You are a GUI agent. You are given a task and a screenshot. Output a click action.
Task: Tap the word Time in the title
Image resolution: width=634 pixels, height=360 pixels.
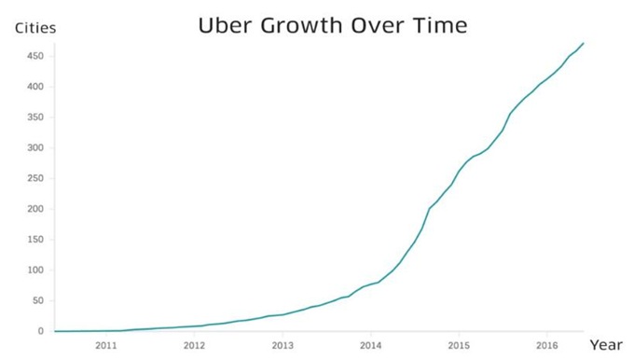439,26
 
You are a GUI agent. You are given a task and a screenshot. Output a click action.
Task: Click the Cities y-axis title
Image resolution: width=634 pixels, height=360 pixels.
35,28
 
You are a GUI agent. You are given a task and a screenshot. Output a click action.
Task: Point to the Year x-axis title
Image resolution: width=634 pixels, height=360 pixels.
605,344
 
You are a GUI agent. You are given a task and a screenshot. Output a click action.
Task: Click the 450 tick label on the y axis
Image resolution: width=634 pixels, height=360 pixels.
34,56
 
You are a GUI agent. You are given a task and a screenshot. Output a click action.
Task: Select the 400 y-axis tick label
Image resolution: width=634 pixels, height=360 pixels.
34,87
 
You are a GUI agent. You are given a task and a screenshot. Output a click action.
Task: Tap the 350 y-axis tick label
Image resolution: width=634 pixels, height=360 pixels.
34,118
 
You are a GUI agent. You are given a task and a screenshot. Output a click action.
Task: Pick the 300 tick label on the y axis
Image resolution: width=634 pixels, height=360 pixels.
34,147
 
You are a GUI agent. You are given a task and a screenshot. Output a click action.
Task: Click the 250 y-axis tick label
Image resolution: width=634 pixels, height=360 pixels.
34,178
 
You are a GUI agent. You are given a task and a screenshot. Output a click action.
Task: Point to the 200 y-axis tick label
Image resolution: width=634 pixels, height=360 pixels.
34,209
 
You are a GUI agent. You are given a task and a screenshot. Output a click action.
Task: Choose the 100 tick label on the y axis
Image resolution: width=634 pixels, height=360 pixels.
34,270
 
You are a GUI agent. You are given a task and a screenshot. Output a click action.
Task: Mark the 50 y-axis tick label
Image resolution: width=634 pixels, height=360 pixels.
36,300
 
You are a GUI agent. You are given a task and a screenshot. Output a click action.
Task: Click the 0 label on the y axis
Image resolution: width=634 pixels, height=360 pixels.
40,331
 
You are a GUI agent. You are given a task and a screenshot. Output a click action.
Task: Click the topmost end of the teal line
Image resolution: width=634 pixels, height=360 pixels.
584,43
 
